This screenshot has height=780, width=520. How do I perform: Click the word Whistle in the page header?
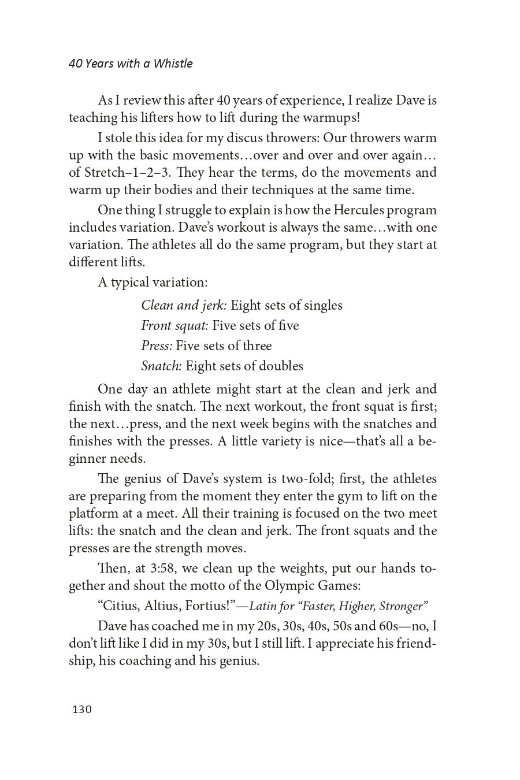tap(173, 64)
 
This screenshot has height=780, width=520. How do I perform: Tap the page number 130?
tap(82, 710)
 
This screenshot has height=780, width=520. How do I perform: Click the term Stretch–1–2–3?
tap(128, 173)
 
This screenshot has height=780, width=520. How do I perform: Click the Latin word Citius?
tap(119, 606)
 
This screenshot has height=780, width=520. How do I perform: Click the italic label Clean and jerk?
tap(184, 306)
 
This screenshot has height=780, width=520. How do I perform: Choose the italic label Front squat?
tap(174, 326)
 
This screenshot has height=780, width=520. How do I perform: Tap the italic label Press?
tap(157, 346)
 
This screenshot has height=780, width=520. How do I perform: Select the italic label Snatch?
tap(162, 366)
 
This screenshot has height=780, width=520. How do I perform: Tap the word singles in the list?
tap(322, 306)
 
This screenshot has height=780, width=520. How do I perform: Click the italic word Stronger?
tap(403, 606)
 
